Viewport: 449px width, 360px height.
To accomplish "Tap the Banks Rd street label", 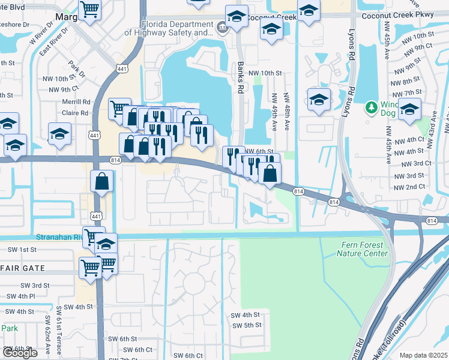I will pyautogui.click(x=241, y=77).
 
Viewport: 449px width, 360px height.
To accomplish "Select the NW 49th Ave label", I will pyautogui.click(x=274, y=112).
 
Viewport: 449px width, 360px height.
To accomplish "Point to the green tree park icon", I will pyautogui.click(x=372, y=107).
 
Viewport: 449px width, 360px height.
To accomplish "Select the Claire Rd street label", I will pyautogui.click(x=76, y=112).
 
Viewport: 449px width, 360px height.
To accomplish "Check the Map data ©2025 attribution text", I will pyautogui.click(x=423, y=355).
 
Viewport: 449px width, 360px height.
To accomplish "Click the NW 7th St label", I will pyautogui.click(x=405, y=92).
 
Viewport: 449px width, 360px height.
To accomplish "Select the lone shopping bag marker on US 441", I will pyautogui.click(x=102, y=181).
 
